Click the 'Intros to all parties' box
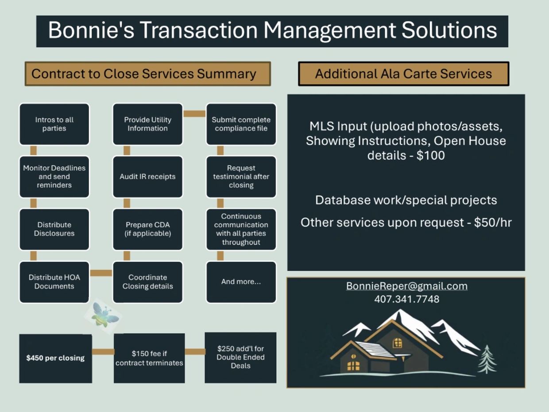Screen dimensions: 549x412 coord(54,124)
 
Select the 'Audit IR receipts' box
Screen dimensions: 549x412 coord(147,176)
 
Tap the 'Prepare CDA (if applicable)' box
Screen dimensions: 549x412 coord(147,229)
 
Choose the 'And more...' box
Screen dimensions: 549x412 coord(241,282)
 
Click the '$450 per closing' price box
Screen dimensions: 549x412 coord(55,359)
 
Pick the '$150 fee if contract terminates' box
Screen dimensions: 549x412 coord(149,359)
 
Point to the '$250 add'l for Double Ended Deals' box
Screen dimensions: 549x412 coord(240,358)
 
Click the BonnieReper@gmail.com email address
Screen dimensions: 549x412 coord(407,286)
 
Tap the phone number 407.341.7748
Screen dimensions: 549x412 coord(407,299)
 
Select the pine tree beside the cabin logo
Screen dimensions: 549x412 coord(487,359)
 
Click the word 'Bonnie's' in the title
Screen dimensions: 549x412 coord(91,31)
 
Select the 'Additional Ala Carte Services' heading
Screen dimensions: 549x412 coord(403,74)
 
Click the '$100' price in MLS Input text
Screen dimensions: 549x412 coord(431,155)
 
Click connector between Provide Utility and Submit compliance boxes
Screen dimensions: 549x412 coord(194,114)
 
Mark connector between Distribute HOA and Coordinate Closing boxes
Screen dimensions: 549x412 coord(101,273)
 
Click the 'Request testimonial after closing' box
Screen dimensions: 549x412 coord(241,176)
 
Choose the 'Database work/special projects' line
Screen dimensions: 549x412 coord(406,200)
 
